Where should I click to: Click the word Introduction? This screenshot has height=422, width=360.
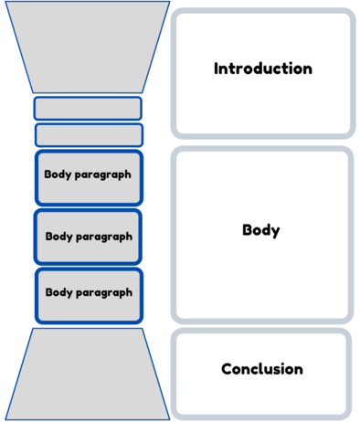[262, 69]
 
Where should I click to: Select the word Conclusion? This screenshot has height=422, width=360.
[261, 369]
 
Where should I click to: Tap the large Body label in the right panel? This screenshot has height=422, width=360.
[260, 230]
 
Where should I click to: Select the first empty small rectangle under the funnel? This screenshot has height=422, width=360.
[88, 109]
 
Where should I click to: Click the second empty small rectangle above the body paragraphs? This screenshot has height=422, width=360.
[88, 135]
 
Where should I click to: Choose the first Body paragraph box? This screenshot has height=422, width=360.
[89, 175]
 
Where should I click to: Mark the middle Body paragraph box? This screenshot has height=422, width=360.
[89, 236]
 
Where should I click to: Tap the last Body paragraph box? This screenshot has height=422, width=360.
[89, 293]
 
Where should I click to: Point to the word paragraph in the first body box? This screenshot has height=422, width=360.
[105, 175]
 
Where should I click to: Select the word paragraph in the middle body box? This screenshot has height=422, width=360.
[105, 236]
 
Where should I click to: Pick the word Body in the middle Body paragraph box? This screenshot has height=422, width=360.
[59, 235]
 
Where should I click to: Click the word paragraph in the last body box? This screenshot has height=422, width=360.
[105, 293]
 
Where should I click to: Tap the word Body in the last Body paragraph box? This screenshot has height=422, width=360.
[58, 292]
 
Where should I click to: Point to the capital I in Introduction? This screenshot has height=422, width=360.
[217, 69]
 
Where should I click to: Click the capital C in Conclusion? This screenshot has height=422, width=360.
[227, 369]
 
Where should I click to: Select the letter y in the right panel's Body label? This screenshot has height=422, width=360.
[275, 232]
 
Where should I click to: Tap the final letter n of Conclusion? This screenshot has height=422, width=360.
[298, 370]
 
